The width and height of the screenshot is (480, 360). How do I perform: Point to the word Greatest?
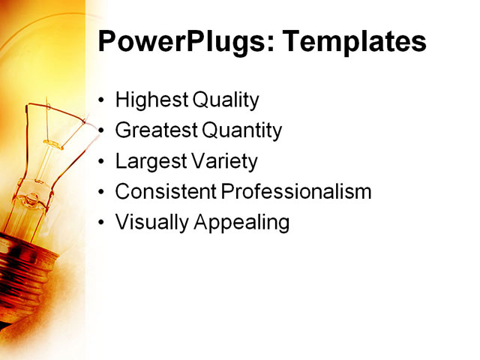(x=156, y=130)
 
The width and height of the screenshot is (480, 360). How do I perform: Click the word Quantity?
(x=241, y=130)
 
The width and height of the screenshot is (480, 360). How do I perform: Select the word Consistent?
(x=165, y=192)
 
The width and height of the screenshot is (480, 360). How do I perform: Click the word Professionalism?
(x=296, y=192)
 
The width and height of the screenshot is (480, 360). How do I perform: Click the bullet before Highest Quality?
(x=102, y=100)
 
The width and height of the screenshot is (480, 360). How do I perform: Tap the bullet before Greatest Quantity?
(x=102, y=131)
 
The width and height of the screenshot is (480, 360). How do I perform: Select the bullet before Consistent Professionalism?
(x=102, y=193)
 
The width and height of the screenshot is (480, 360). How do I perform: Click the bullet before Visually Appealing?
(x=102, y=223)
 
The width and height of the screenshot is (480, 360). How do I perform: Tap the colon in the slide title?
(x=258, y=43)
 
